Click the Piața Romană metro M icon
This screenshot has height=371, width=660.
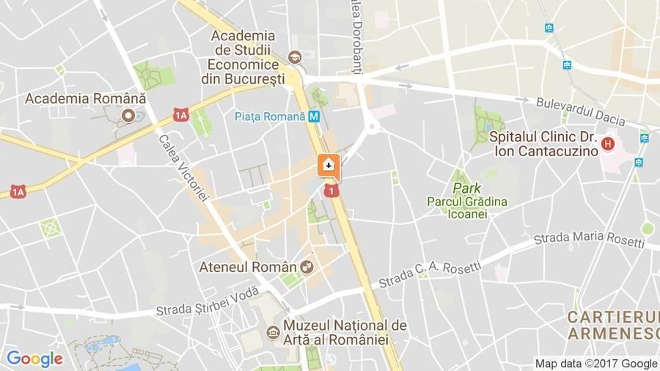(314, 116)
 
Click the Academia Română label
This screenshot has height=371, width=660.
(86, 98)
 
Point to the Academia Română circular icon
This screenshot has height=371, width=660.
(129, 115)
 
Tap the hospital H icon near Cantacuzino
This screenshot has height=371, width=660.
(607, 144)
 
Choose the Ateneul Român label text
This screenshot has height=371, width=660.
(248, 267)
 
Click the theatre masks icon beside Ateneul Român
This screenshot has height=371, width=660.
(307, 267)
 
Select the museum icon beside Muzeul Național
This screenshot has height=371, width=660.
(273, 333)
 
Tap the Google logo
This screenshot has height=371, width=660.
(34, 359)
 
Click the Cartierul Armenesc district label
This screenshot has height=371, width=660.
(613, 325)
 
